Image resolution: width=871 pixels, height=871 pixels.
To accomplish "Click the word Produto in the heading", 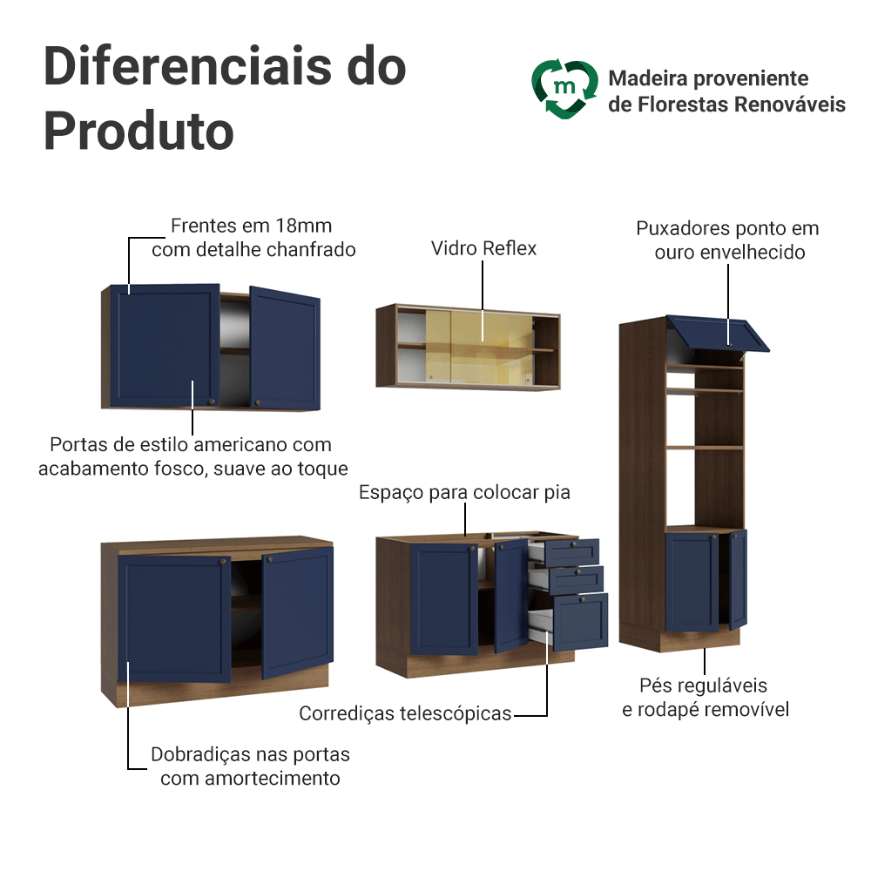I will (138, 131).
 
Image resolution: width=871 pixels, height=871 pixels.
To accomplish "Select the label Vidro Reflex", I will (483, 249).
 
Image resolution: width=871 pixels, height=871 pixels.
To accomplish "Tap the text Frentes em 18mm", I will (251, 226).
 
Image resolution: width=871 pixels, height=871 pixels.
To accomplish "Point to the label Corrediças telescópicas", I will (405, 714).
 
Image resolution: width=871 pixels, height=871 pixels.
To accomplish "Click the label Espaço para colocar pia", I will (464, 493).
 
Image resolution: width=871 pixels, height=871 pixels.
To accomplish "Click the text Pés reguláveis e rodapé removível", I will (705, 698).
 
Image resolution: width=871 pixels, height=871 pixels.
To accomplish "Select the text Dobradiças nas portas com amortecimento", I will (250, 766).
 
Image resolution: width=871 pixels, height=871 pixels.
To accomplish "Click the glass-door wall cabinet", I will (468, 346).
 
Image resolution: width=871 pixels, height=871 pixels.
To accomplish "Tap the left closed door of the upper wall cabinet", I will (163, 347).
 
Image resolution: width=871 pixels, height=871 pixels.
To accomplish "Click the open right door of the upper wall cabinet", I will (285, 348).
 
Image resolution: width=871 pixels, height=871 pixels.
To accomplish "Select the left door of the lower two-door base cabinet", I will (174, 620).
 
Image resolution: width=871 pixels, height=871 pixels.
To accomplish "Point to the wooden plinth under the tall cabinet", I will (699, 640).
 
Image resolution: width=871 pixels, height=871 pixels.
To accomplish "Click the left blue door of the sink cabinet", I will (443, 598).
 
